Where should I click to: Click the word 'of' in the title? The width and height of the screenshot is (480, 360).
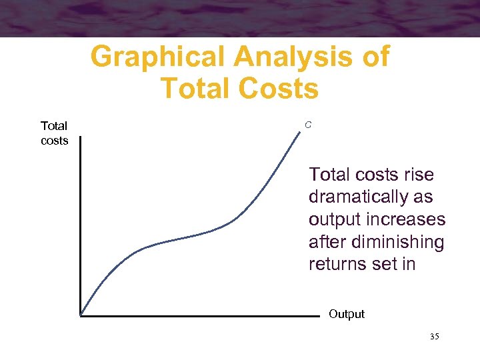[374, 57]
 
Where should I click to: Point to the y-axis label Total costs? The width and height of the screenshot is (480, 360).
[54, 133]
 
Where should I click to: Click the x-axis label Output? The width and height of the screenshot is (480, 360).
[346, 314]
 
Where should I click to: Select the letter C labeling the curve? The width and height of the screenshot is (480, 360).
[308, 125]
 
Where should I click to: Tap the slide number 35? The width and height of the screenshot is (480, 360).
[434, 337]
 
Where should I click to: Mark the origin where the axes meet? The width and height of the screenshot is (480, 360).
[80, 315]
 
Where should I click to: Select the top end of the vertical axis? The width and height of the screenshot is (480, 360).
[80, 137]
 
